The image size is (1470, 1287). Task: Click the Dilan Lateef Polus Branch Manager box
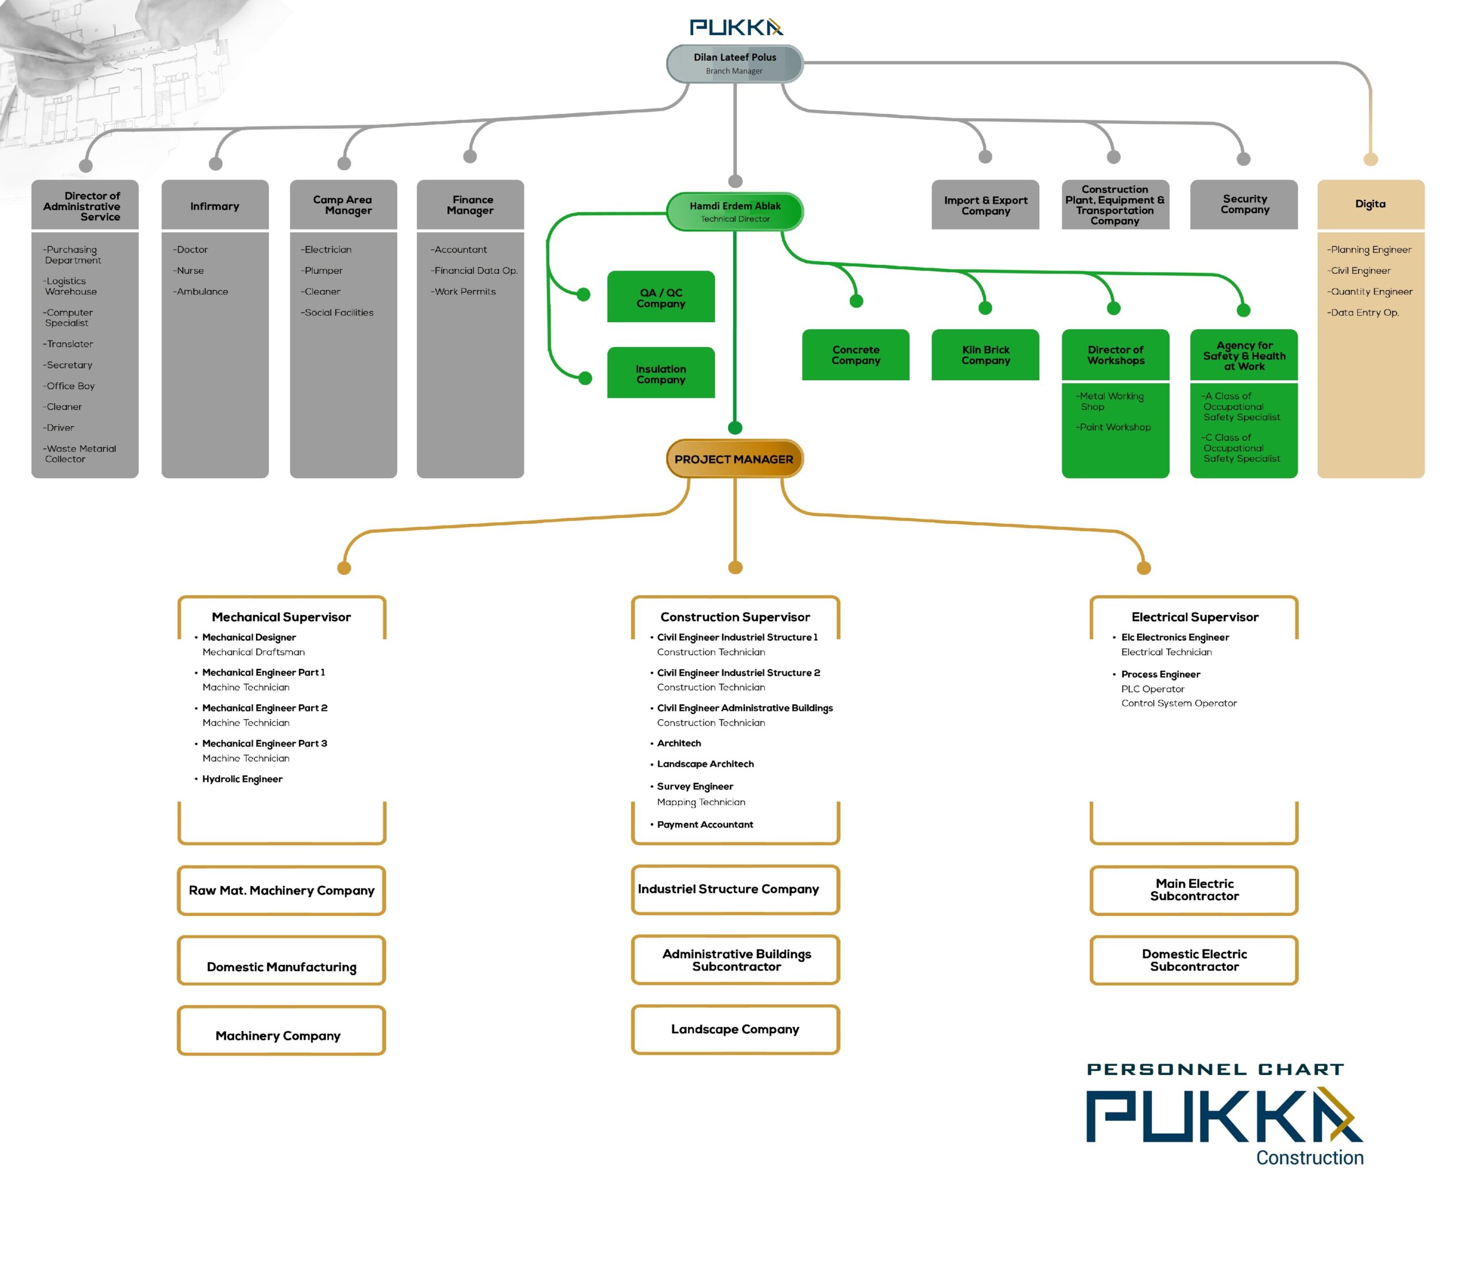[734, 63]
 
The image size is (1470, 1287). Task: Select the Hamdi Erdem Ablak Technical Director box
[734, 212]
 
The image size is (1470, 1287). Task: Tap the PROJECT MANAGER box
[734, 459]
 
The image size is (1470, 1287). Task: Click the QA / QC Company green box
[661, 297]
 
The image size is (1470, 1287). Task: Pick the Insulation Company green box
[661, 373]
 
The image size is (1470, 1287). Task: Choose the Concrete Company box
[855, 355]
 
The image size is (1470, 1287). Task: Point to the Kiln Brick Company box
[985, 355]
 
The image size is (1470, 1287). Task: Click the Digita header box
[1370, 204]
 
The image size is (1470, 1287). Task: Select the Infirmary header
[215, 206]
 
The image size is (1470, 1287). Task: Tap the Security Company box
[1244, 204]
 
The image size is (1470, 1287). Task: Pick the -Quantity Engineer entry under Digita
[1370, 292]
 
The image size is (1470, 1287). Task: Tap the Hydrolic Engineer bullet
[242, 779]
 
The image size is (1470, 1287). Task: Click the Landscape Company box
[734, 1029]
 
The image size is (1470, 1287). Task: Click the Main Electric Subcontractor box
[1194, 890]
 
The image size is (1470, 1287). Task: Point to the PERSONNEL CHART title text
[1215, 1069]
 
